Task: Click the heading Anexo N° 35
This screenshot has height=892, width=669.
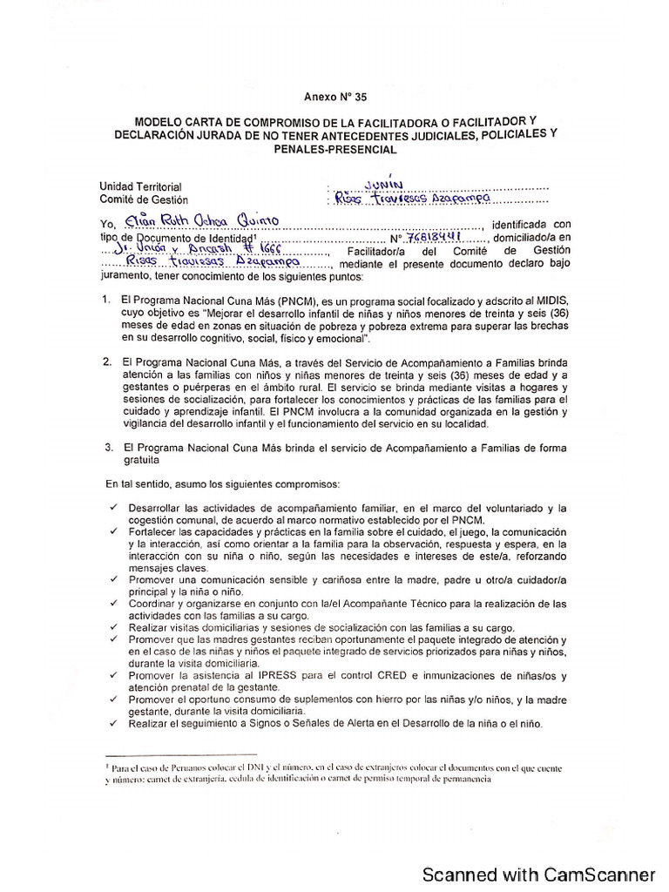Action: pyautogui.click(x=335, y=98)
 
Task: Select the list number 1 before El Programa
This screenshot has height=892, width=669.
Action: pyautogui.click(x=106, y=299)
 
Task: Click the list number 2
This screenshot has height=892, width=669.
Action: pyautogui.click(x=106, y=360)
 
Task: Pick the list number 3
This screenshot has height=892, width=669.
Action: pyautogui.click(x=106, y=447)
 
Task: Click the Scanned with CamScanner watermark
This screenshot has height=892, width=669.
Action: pyautogui.click(x=538, y=873)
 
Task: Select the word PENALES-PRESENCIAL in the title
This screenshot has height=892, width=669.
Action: pyautogui.click(x=334, y=149)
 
